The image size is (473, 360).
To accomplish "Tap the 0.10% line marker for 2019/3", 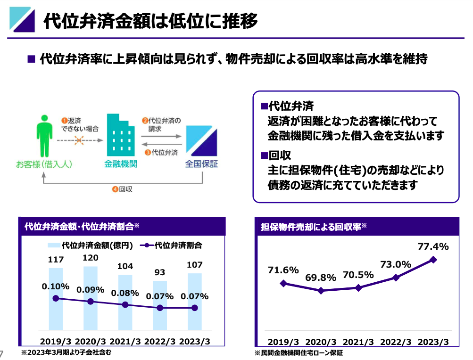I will tap(56, 298).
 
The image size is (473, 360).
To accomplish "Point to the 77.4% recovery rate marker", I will tap(433, 260).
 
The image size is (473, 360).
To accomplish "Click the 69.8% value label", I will tap(321, 278).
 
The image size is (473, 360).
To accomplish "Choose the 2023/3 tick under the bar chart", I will tap(195, 341).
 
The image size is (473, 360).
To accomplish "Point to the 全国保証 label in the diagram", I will tap(202, 164).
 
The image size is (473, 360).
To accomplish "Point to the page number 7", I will tap(2, 353).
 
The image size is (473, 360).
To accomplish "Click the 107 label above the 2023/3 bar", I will tap(195, 265).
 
